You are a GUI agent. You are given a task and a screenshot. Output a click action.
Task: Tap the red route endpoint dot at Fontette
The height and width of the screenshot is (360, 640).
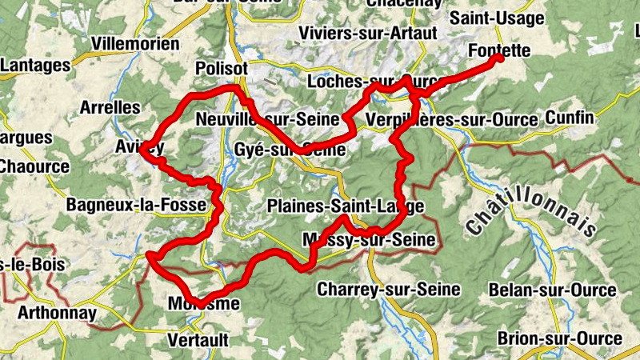499,58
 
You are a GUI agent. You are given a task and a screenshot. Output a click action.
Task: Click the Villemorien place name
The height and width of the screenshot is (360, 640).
136,43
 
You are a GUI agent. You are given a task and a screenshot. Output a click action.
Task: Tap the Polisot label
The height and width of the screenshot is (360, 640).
222,70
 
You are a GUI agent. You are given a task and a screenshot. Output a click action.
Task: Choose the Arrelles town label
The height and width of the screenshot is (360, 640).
110,107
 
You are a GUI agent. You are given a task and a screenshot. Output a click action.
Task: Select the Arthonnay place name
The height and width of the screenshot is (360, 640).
57,312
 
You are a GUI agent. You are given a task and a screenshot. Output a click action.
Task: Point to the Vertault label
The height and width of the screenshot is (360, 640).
198,340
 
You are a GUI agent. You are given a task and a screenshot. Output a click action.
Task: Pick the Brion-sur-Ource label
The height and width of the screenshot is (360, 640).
559,338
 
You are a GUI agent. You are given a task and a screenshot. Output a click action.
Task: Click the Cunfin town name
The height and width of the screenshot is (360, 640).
570,118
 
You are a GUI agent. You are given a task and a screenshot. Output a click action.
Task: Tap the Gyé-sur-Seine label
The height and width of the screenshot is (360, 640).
286,150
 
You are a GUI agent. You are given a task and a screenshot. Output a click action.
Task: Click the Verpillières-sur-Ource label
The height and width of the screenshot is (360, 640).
450,120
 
